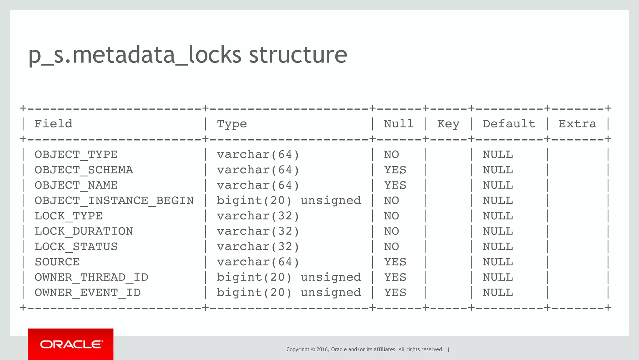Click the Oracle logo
pos(71,344)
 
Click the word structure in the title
pos(298,55)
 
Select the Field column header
pos(53,124)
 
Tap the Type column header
pos(232,124)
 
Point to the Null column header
pos(399,124)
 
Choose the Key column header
pos(448,124)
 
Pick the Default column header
pos(509,124)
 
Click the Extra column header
pos(577,124)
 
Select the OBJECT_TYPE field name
pos(76,155)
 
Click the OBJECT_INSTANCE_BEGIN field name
pos(114,200)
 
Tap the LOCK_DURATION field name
pos(84,231)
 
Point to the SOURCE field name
pos(57,262)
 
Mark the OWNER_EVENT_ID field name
pos(88,293)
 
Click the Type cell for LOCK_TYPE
pos(258,216)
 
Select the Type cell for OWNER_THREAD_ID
pos(289,277)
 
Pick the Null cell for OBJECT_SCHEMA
pos(395,170)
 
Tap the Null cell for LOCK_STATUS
pos(391,247)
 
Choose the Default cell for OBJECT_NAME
pos(498,185)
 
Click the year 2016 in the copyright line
pos(322,349)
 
